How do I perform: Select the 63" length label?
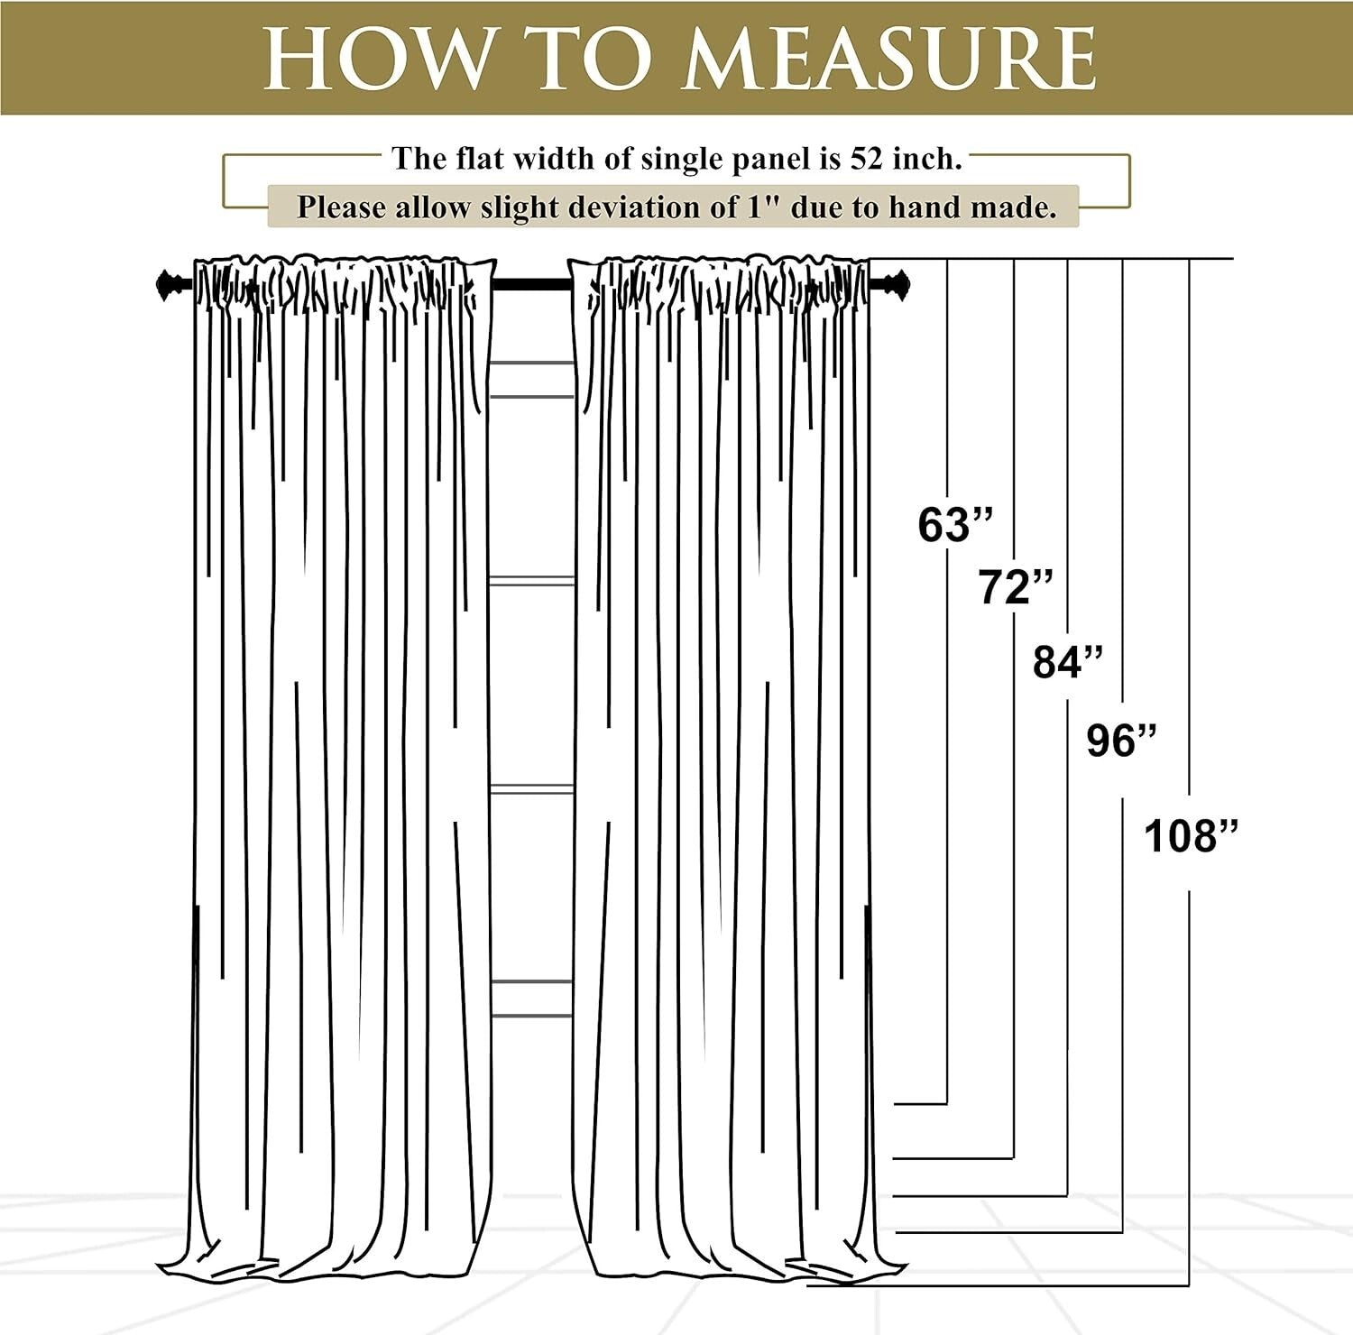[x=955, y=524]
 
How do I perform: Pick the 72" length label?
[x=1016, y=588]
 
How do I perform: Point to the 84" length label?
[x=1068, y=662]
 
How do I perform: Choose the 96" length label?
[x=1121, y=741]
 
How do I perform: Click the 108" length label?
[x=1191, y=835]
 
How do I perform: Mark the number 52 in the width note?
[x=868, y=159]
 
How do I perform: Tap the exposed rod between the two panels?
[x=532, y=285]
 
